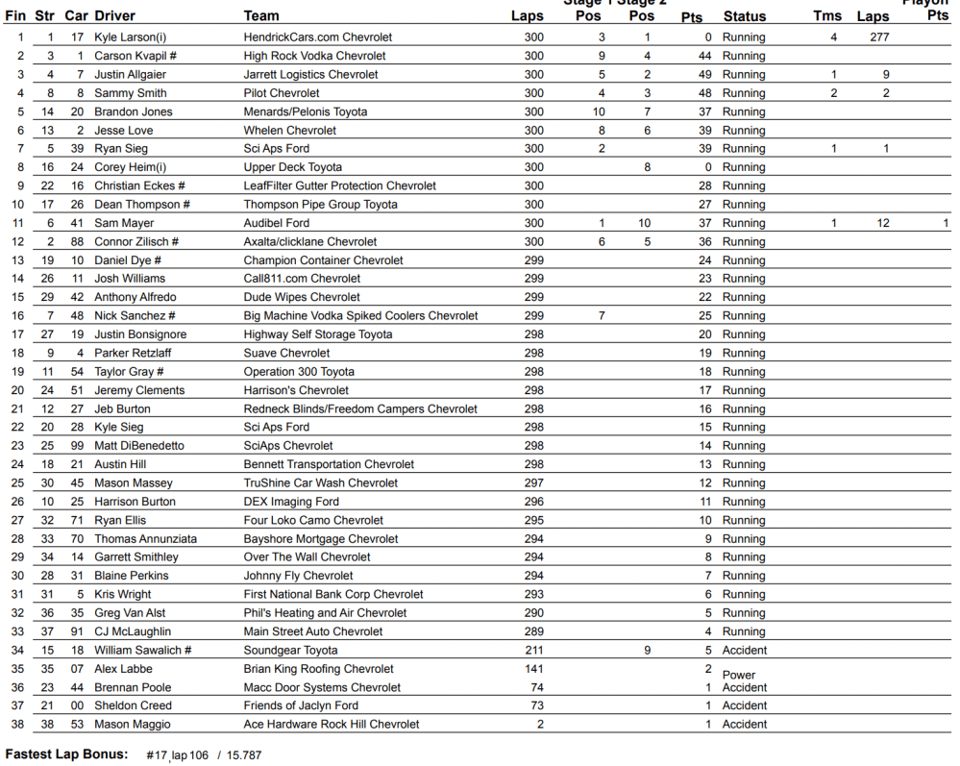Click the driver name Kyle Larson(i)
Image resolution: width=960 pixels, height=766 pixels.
coord(130,37)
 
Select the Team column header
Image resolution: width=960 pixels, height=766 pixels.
coord(261,16)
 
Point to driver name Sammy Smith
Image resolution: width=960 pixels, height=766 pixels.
coord(130,93)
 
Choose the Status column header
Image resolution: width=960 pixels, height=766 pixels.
coord(745,16)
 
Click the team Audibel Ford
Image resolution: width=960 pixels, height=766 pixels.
coord(277,223)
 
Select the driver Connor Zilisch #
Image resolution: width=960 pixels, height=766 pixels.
coord(136,242)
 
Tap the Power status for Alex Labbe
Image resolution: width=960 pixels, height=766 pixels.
coord(739,675)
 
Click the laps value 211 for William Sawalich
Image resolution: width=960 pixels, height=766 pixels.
coord(533,651)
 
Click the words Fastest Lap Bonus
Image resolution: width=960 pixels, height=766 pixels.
coord(66,754)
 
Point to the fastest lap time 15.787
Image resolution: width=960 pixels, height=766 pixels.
coord(243,755)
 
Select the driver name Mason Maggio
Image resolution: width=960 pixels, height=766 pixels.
coord(133,725)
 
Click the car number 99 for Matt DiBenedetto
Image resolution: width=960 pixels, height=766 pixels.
coord(77,446)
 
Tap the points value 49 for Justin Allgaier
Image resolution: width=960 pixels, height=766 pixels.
coord(704,75)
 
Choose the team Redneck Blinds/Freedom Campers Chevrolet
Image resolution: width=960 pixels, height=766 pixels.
coord(360,409)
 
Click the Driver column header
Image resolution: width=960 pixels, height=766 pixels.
coord(114,16)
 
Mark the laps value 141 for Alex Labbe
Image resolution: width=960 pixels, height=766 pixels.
coord(533,669)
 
